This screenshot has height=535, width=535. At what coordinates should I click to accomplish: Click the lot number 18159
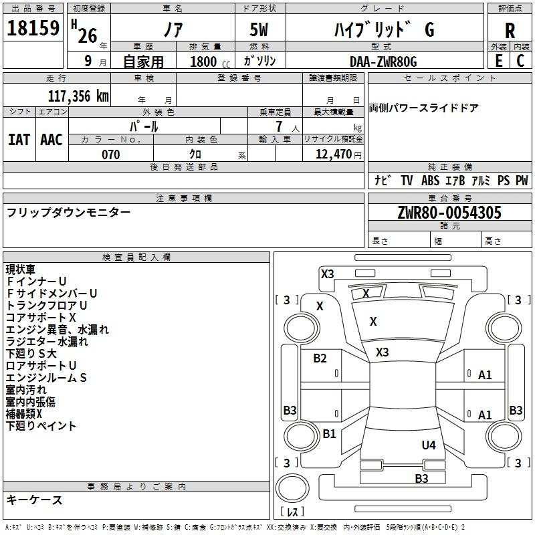click(x=33, y=27)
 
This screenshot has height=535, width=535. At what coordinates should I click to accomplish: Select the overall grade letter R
click(x=510, y=30)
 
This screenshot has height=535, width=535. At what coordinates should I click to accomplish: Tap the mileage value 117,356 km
click(x=78, y=96)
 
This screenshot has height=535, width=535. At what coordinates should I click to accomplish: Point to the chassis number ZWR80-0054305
click(x=449, y=213)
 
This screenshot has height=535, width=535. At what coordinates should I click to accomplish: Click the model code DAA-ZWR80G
click(x=383, y=62)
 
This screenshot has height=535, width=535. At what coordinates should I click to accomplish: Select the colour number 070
click(x=111, y=154)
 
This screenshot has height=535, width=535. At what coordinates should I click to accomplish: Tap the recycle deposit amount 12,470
click(x=333, y=154)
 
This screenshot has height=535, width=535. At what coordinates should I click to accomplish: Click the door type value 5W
click(x=259, y=29)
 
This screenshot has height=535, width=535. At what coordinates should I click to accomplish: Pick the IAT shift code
click(x=19, y=140)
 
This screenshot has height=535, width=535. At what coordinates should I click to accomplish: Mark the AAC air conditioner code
click(x=51, y=140)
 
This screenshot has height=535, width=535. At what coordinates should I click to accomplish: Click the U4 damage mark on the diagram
click(x=429, y=445)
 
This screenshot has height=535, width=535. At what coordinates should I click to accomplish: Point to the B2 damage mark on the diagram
click(x=320, y=358)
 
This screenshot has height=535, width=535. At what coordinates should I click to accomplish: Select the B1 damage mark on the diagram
click(x=329, y=433)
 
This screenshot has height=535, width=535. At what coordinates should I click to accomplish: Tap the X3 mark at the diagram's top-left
click(x=327, y=274)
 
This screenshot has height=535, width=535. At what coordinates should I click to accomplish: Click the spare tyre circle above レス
click(x=292, y=488)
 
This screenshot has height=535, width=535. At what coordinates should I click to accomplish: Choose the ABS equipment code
click(x=430, y=180)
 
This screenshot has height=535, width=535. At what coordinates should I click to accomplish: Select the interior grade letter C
click(x=520, y=61)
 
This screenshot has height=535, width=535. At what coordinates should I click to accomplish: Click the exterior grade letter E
click(x=499, y=61)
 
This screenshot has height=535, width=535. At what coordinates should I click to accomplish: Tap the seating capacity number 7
click(x=279, y=126)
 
